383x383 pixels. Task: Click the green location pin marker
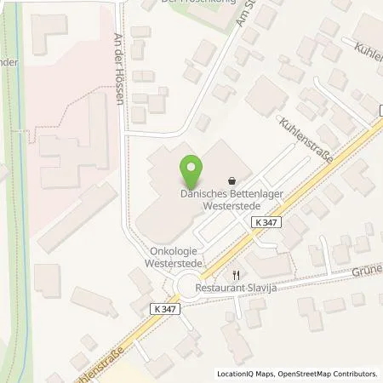coord(191,170)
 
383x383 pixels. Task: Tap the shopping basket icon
coord(233,180)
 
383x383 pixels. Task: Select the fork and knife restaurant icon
coord(237,275)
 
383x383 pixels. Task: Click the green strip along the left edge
coord(12,170)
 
